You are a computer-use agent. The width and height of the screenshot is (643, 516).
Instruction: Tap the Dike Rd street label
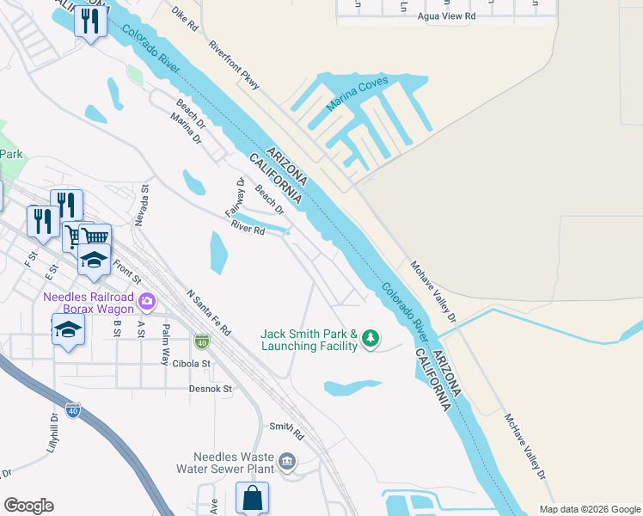coord(185,20)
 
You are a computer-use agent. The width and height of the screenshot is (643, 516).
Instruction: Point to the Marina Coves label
coord(358,94)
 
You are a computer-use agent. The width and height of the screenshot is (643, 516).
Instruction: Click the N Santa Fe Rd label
coord(209,311)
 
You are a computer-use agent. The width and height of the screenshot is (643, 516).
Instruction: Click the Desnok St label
coord(211,389)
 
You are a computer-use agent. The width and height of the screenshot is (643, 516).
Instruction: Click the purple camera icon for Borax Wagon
coord(147,301)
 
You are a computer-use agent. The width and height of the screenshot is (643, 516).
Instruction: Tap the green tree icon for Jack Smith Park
coord(370,339)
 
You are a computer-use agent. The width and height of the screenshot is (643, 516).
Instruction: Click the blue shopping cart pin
coord(95,236)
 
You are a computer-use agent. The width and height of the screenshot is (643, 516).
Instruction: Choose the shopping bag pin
coord(252,498)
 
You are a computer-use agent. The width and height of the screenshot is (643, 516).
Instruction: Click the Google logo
coord(28,506)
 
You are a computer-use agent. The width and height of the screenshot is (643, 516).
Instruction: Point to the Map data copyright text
coord(589,509)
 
